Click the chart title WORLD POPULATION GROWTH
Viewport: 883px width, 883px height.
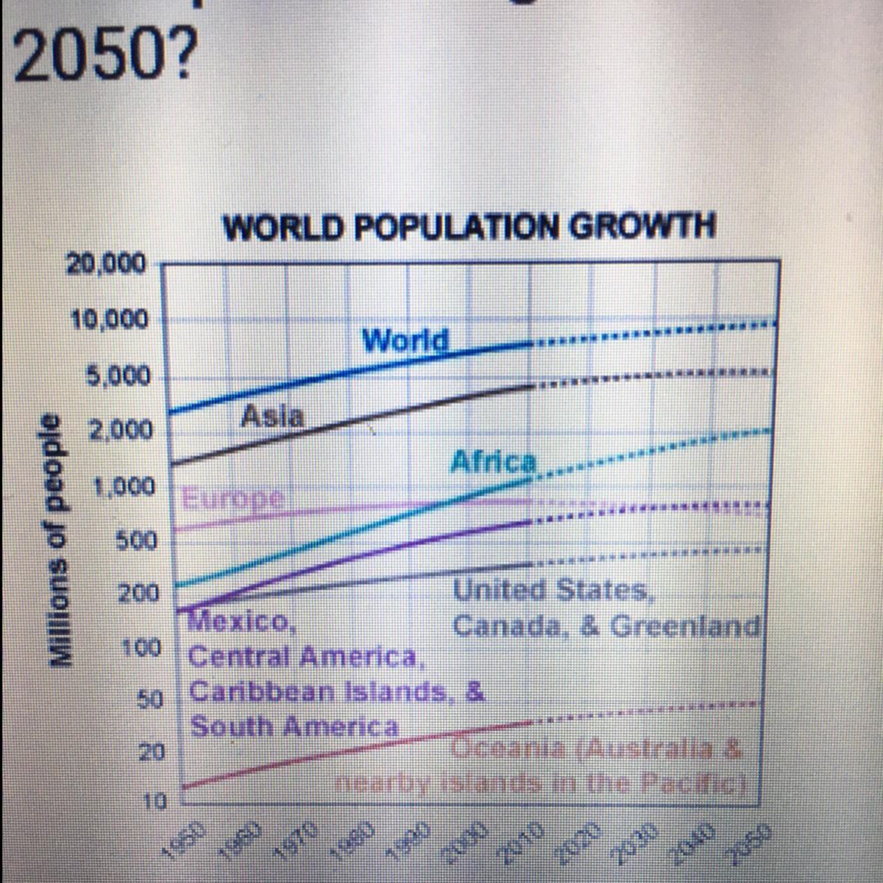[x=469, y=226]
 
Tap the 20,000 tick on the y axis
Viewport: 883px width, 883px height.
[x=107, y=263]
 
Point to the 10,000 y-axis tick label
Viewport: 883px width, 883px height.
[x=109, y=320]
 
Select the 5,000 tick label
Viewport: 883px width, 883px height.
[x=118, y=377]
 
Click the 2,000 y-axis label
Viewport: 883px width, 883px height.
[x=121, y=430]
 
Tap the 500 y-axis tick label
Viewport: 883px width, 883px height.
[x=138, y=541]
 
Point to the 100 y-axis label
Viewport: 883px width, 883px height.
[x=141, y=648]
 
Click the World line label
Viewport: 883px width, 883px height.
[x=405, y=340]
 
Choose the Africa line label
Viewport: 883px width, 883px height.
[x=493, y=461]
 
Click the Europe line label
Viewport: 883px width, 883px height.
[x=233, y=498]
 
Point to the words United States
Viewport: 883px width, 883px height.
[x=552, y=590]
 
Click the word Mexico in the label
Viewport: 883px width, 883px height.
[x=243, y=623]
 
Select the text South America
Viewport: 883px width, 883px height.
[x=294, y=727]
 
